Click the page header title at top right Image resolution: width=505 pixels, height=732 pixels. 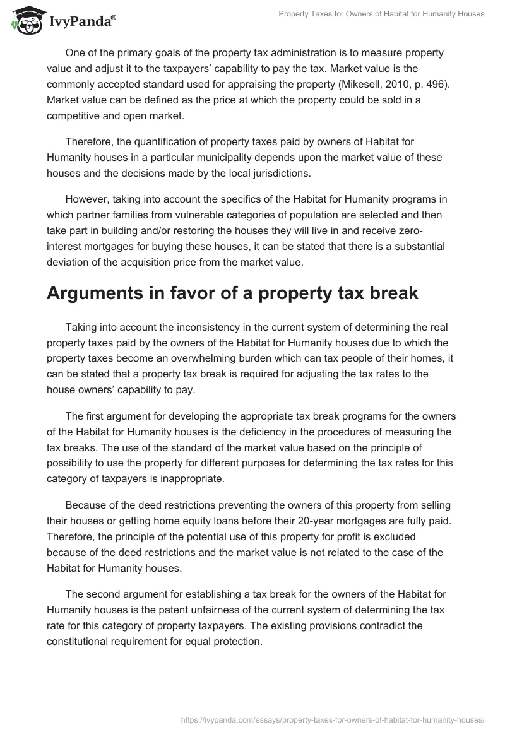pyautogui.click(x=381, y=14)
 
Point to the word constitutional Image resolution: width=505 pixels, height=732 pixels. pyautogui.click(x=94, y=641)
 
